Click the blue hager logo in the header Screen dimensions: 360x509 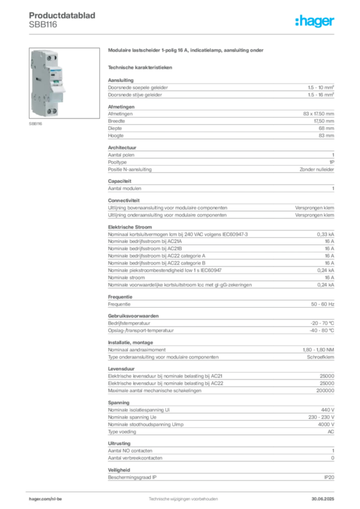pyautogui.click(x=316, y=22)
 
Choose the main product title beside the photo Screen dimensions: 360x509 pyautogui.click(x=187, y=51)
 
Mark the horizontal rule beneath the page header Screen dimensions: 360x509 pyautogui.click(x=183, y=34)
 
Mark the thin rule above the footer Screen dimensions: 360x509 pyautogui.click(x=183, y=490)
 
